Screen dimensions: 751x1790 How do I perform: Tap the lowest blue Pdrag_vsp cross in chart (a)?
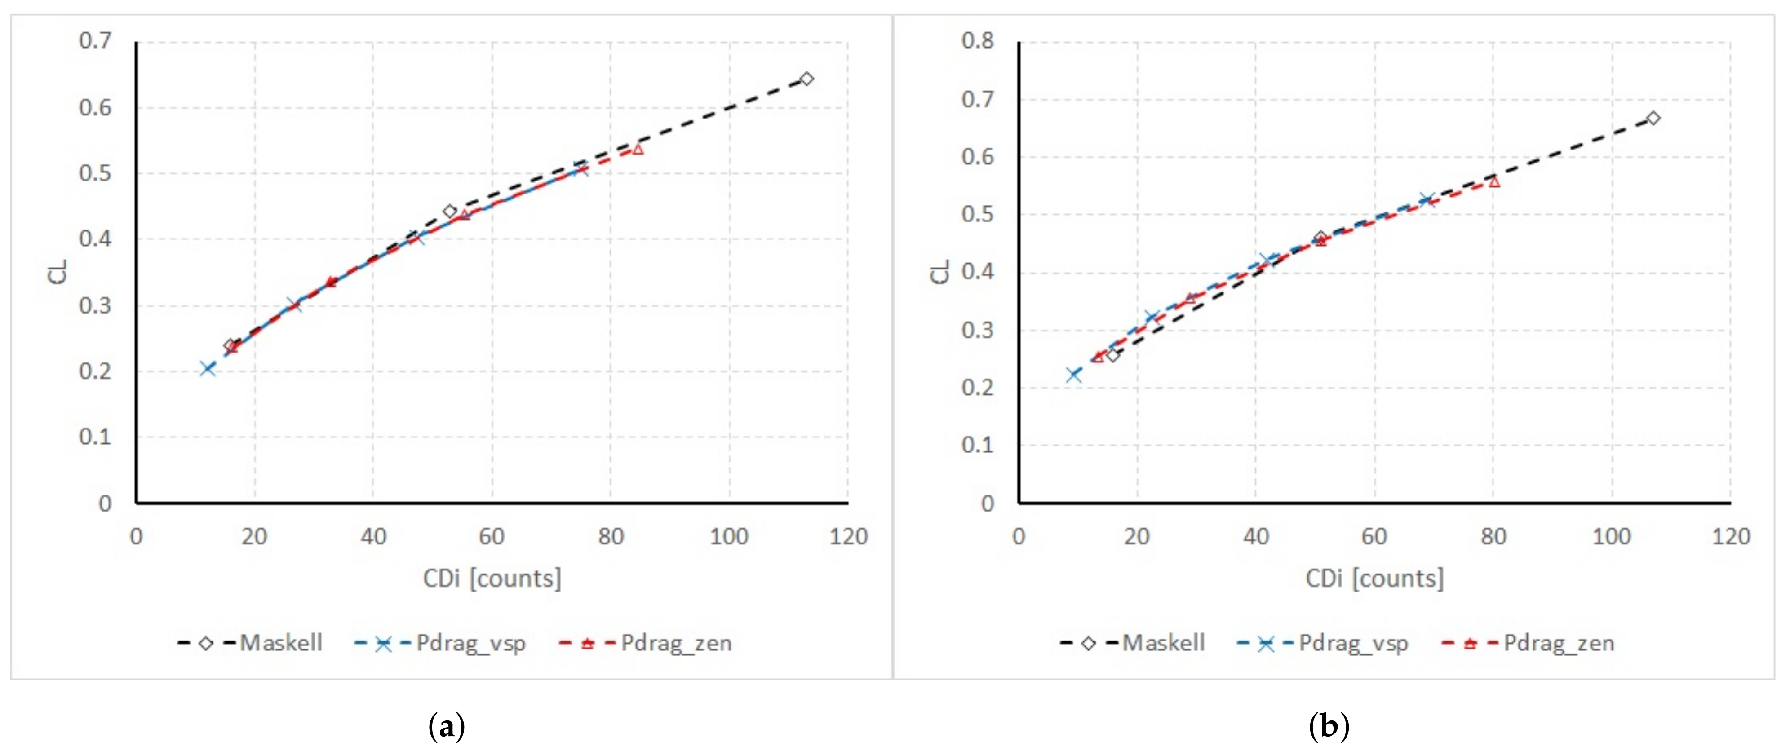pyautogui.click(x=207, y=368)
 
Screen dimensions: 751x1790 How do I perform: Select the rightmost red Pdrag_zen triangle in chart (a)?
pyautogui.click(x=638, y=149)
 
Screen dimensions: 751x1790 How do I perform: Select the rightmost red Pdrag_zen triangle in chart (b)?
pyautogui.click(x=1494, y=182)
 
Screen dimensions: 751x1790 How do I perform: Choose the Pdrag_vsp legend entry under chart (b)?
pyautogui.click(x=1323, y=643)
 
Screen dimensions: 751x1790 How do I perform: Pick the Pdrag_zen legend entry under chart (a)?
pyautogui.click(x=646, y=643)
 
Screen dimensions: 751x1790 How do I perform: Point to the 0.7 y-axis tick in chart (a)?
pyautogui.click(x=95, y=41)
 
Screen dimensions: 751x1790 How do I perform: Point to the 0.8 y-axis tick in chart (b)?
pyautogui.click(x=978, y=41)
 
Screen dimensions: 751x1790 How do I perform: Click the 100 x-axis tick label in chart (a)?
pyautogui.click(x=729, y=536)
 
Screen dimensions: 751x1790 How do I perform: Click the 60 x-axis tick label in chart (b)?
pyautogui.click(x=1374, y=536)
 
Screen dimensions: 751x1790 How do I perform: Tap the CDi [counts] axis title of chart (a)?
pyautogui.click(x=492, y=578)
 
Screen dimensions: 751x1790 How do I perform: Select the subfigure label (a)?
pyautogui.click(x=447, y=727)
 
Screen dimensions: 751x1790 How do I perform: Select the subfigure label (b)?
pyautogui.click(x=1329, y=727)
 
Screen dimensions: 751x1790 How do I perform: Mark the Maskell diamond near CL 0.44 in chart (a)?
pyautogui.click(x=450, y=211)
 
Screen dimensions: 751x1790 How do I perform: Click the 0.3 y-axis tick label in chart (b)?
pyautogui.click(x=978, y=329)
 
